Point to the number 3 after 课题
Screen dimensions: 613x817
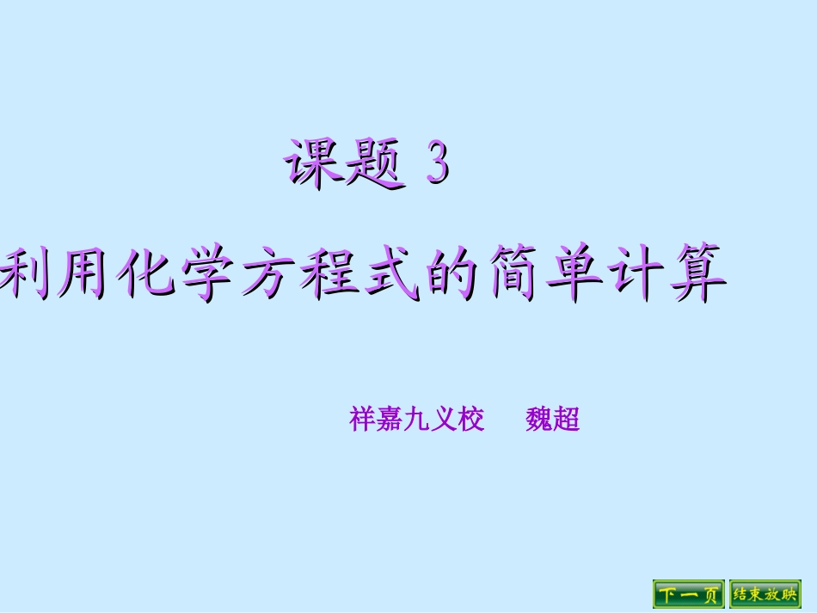[x=438, y=163]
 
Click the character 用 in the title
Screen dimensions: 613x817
[x=86, y=273]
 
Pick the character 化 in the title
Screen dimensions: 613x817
[x=148, y=273]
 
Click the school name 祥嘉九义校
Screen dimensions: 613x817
[x=417, y=420]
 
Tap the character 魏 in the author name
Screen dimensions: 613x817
[x=539, y=420]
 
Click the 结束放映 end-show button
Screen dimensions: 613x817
[x=765, y=594]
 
